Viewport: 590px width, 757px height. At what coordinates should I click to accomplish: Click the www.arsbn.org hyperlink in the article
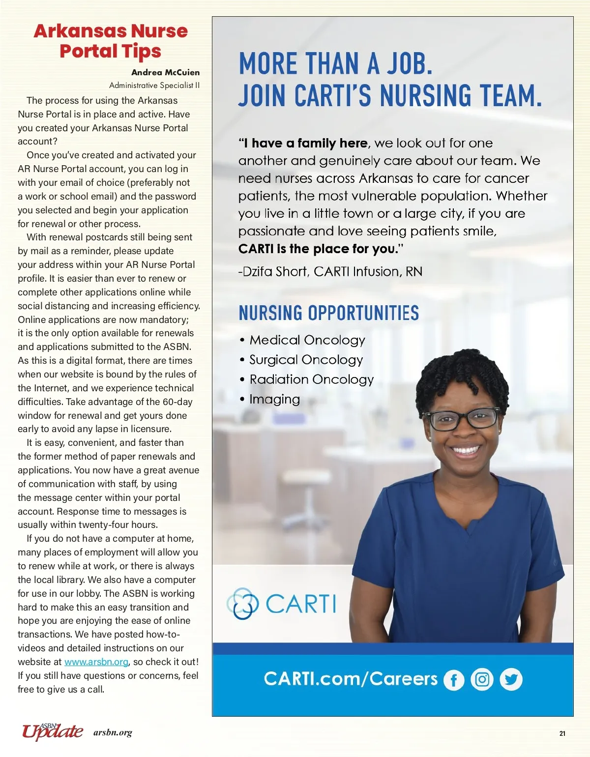(x=96, y=662)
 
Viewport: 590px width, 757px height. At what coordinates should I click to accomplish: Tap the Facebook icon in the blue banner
(x=454, y=680)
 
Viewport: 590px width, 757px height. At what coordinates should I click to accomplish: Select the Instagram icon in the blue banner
(x=482, y=679)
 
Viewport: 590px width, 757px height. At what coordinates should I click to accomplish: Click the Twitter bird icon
(x=511, y=679)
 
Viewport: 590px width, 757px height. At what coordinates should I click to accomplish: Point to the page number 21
(x=562, y=733)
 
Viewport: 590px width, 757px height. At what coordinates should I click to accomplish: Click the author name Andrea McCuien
(x=165, y=72)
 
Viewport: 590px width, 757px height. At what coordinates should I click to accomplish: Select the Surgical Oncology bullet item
(x=306, y=360)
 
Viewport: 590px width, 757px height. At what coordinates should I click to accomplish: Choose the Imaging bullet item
(x=274, y=399)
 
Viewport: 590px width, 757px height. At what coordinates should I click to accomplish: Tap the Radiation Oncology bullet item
(x=311, y=379)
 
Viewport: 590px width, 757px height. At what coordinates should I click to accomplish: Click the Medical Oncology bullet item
(x=307, y=340)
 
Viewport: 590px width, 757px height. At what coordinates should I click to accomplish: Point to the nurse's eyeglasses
(x=462, y=419)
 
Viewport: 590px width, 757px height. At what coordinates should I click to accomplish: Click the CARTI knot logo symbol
(x=242, y=603)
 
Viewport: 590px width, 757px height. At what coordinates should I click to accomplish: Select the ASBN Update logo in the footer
(x=52, y=731)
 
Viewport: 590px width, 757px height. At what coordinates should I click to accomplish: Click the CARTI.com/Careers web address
(x=351, y=679)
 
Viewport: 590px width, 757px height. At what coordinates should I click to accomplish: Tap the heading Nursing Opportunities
(x=328, y=313)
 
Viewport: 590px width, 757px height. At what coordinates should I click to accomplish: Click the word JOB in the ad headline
(x=408, y=64)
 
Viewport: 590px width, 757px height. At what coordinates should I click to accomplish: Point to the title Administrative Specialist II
(x=154, y=86)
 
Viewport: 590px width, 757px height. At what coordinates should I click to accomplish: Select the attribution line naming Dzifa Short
(x=330, y=272)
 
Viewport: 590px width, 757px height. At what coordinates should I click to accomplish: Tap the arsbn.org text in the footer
(x=113, y=733)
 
